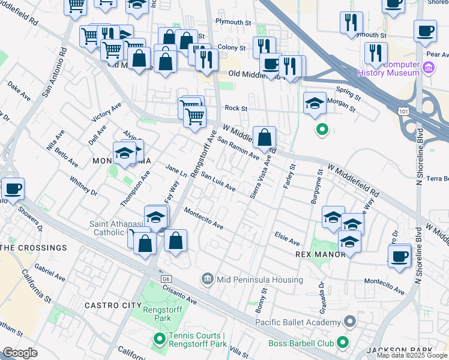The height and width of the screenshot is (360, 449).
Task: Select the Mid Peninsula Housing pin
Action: [x=208, y=278]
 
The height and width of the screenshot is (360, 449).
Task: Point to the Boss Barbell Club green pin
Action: [x=343, y=343]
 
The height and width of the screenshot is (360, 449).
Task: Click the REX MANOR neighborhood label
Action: [x=321, y=254]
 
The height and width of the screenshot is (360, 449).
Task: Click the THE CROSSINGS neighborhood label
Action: [x=34, y=248]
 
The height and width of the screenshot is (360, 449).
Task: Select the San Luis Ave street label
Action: [x=218, y=182]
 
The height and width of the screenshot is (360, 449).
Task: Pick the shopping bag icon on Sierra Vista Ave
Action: [x=264, y=138]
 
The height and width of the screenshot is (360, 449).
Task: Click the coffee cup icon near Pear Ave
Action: [x=426, y=31]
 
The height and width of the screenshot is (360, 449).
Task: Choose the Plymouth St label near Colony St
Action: [x=233, y=22]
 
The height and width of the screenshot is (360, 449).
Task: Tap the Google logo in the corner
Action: [x=20, y=353]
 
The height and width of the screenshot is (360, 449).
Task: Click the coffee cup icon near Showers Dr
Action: [x=13, y=190]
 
